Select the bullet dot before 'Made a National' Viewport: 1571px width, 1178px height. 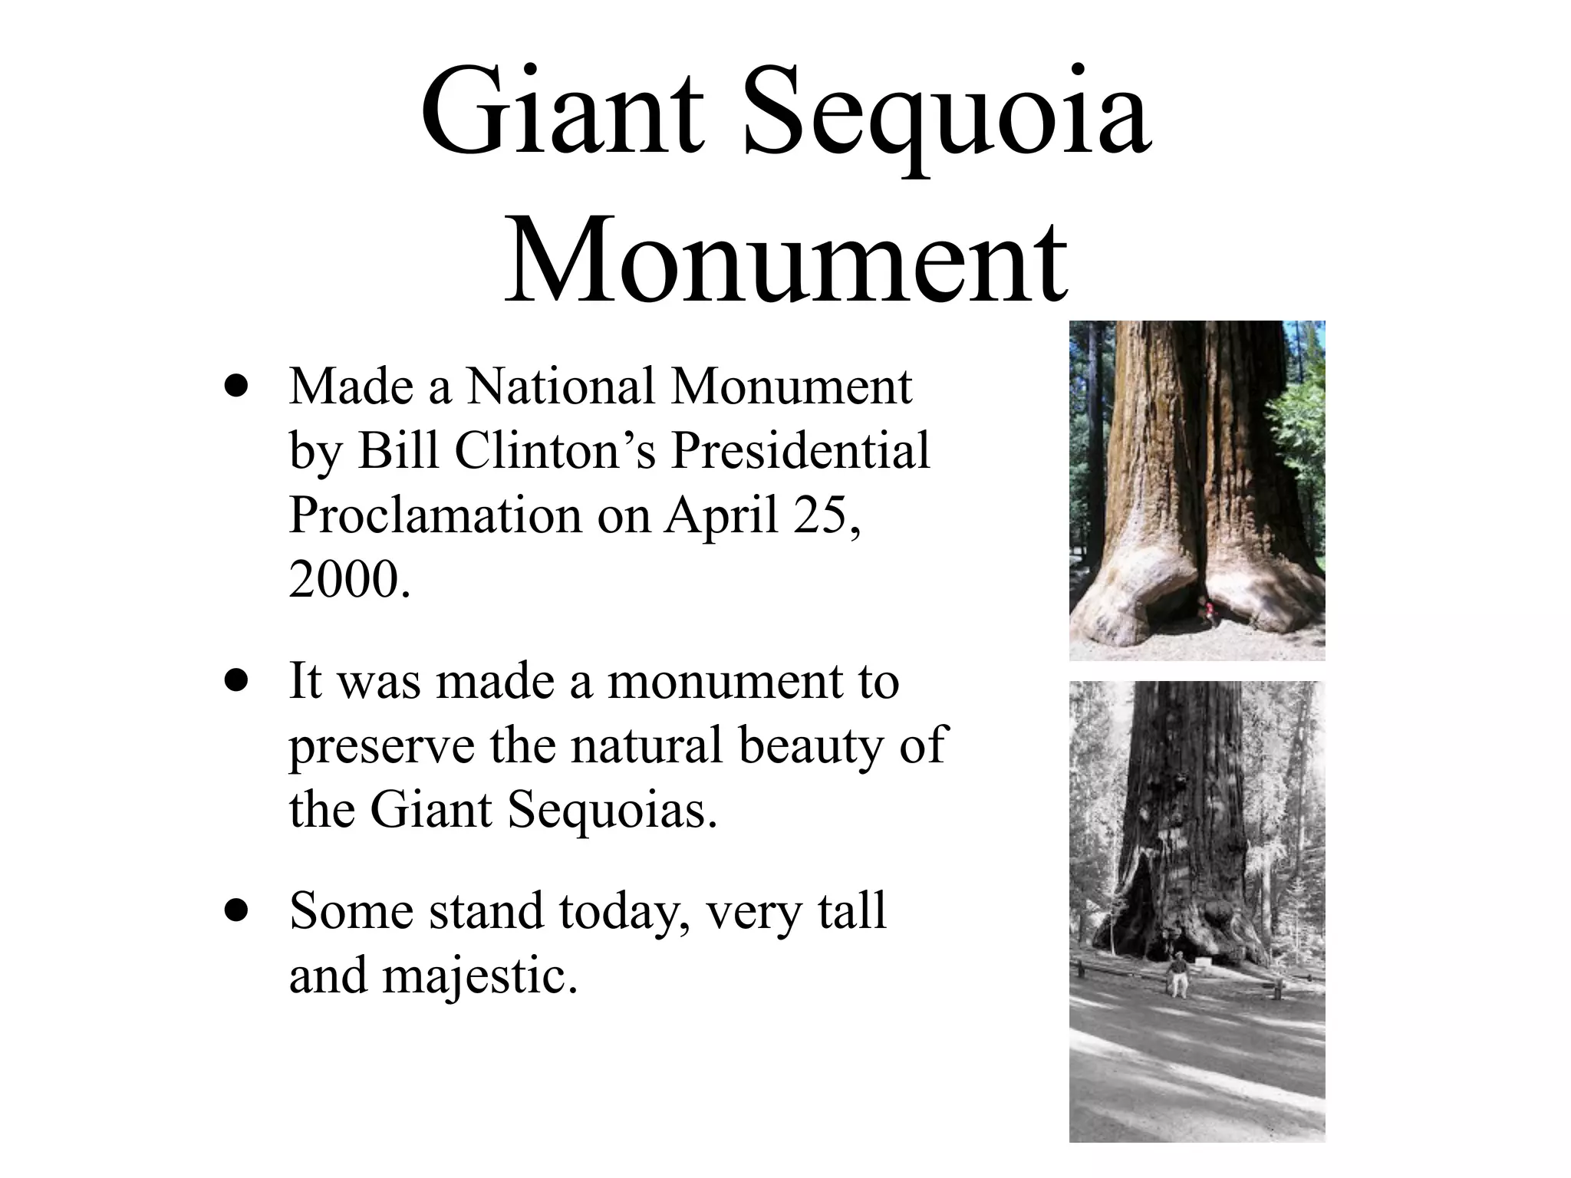237,386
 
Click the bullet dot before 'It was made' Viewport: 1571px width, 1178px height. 237,681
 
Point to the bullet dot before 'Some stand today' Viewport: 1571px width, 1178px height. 237,910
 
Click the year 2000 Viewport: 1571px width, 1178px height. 345,580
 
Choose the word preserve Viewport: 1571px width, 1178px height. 381,747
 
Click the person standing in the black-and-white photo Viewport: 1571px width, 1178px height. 1175,974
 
